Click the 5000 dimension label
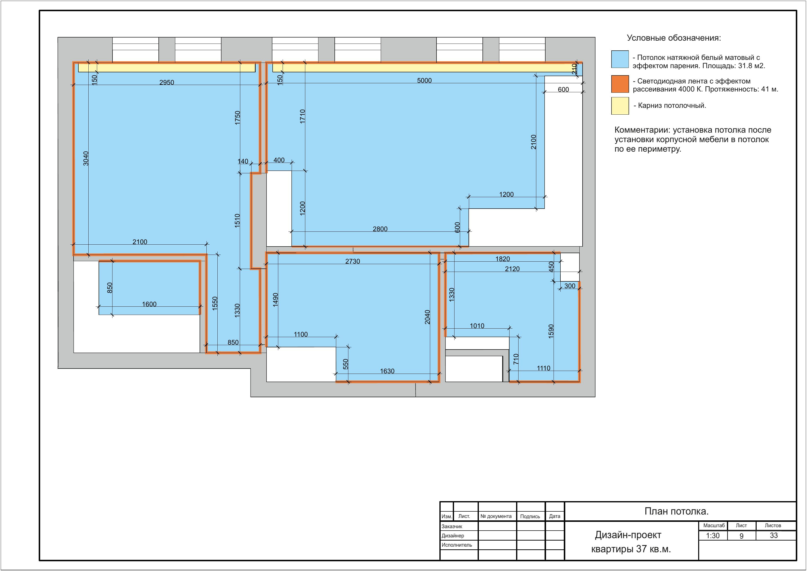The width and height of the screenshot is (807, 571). [x=424, y=81]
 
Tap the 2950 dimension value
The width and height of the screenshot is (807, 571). [x=167, y=83]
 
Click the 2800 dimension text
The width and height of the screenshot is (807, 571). [x=380, y=229]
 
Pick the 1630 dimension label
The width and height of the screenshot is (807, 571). [x=387, y=371]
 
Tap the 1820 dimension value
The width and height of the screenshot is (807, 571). [x=502, y=259]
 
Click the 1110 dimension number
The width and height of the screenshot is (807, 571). [x=543, y=368]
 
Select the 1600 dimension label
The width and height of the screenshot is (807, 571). [x=149, y=304]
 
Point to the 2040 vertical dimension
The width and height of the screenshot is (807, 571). [x=427, y=317]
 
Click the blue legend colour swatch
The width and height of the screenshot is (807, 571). [x=620, y=59]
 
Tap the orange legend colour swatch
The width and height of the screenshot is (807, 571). [x=620, y=84]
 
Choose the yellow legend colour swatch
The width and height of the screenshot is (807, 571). [x=620, y=106]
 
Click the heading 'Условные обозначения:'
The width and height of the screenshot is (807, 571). [x=674, y=38]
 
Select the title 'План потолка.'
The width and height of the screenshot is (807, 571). [x=677, y=511]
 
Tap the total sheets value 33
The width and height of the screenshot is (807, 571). [x=774, y=535]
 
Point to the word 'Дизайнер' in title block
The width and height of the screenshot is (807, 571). [x=453, y=535]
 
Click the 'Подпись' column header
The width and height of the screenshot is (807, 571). [x=530, y=516]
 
